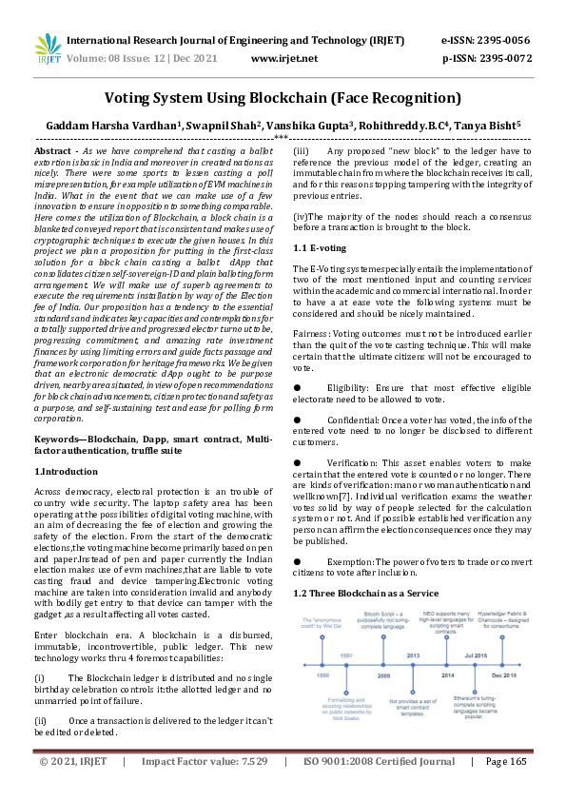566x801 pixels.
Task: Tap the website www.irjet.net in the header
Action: coord(283,58)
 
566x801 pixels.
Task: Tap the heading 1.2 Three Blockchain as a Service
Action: coord(365,593)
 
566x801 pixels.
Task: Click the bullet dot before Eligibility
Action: coord(297,388)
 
